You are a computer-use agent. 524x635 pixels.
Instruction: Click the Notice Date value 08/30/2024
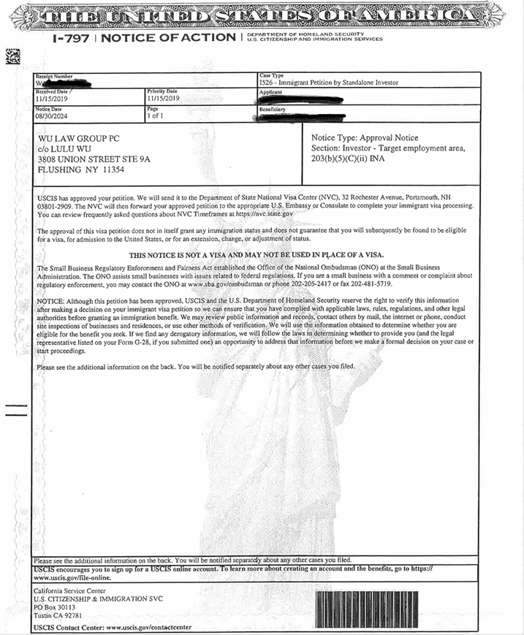(52, 115)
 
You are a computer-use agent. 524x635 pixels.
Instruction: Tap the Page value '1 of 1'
(155, 115)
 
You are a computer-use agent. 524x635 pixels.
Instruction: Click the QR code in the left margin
(11, 55)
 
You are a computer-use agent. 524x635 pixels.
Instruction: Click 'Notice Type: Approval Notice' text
(365, 137)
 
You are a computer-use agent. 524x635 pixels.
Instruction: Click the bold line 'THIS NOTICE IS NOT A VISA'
(257, 254)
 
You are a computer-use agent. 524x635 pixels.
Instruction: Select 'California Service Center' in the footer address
(70, 590)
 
